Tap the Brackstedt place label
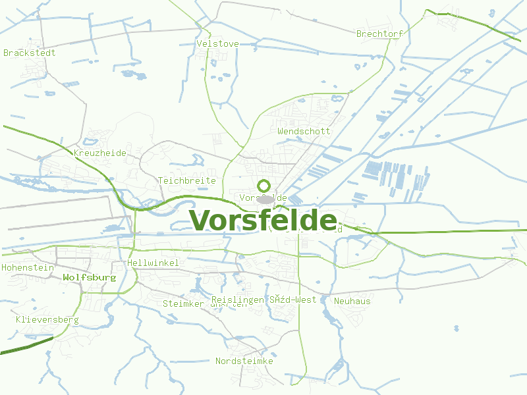coord(30,53)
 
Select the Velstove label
coord(217,44)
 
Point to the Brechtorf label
coord(379,34)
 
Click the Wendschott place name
coord(304,131)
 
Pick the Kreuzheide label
coord(100,153)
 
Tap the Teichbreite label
coord(187,180)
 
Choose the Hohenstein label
coord(27,268)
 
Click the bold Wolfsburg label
coord(90,278)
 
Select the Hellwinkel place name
coord(153,263)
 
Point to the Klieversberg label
coord(47,320)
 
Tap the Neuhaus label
coord(352,301)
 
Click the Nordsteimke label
coord(244,361)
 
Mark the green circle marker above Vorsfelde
coord(264,186)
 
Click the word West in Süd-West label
coord(306,300)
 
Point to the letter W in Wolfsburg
coord(66,278)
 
